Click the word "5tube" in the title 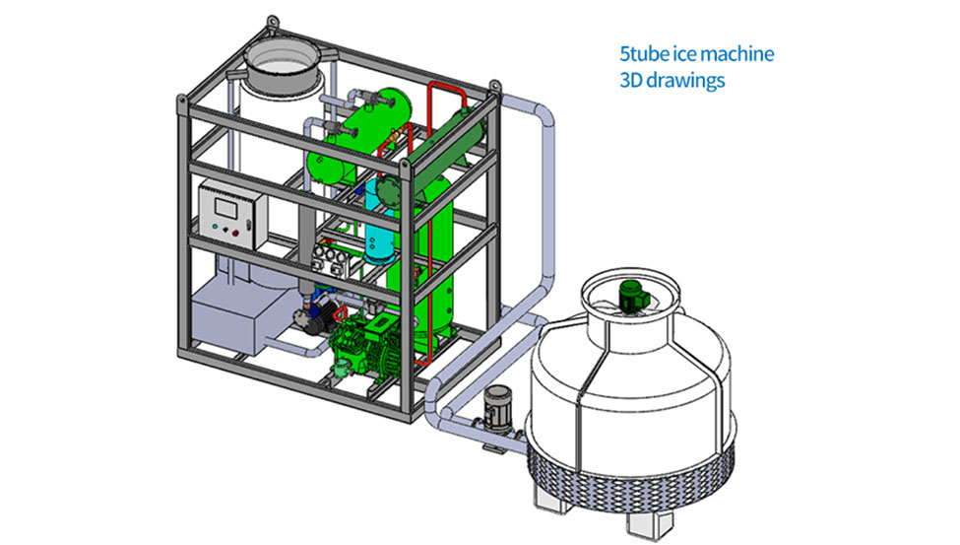[641, 52]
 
